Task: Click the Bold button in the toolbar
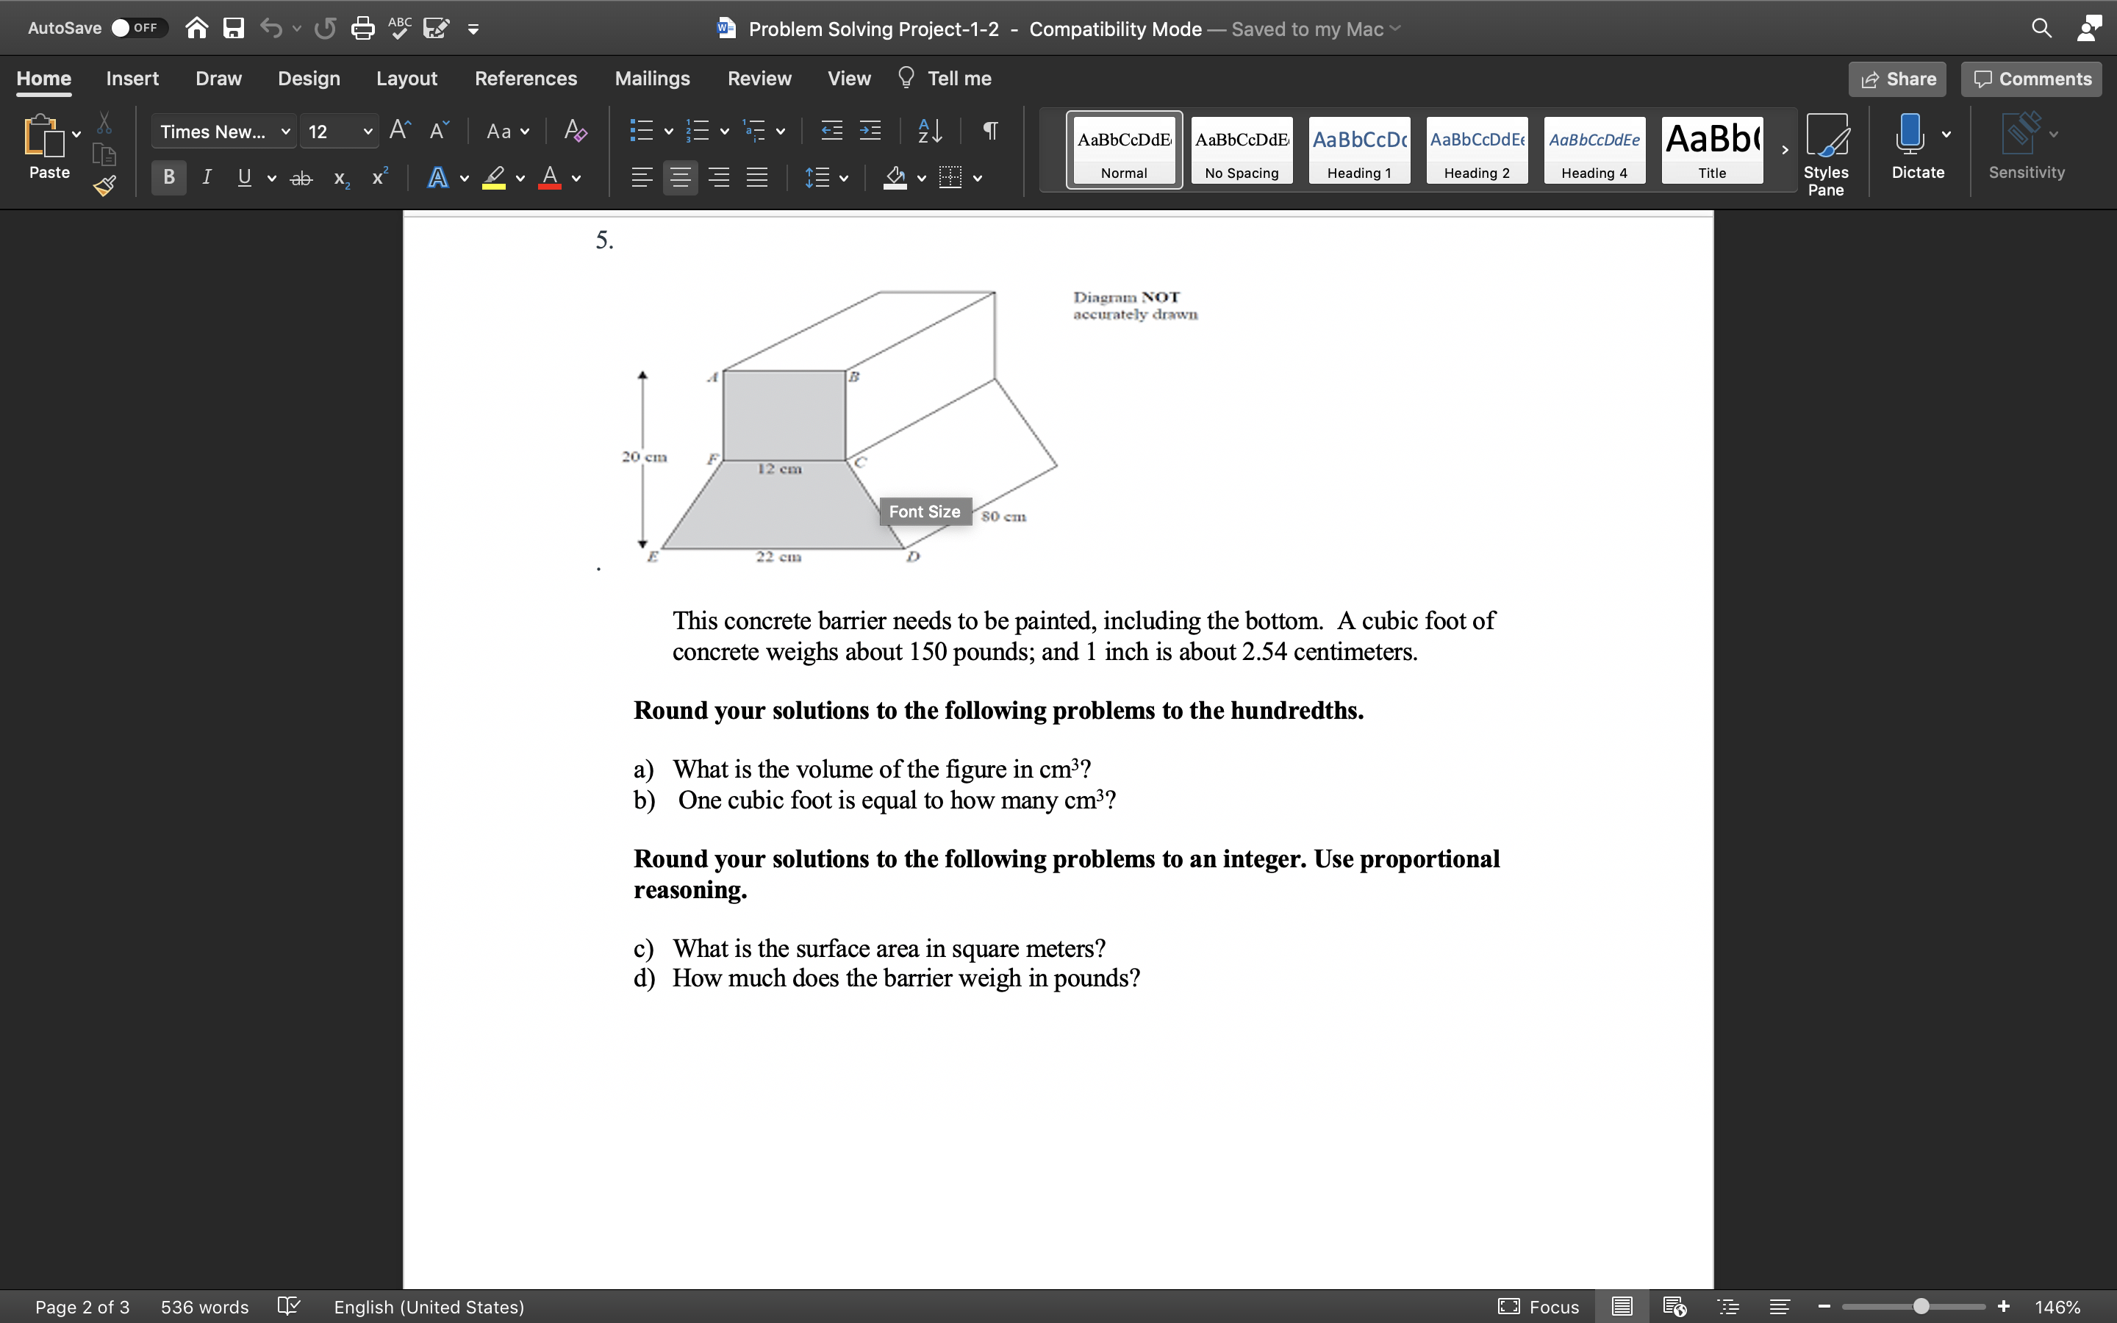click(x=169, y=178)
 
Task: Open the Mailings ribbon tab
click(x=652, y=79)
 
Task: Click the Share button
click(x=1897, y=79)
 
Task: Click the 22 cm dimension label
click(x=778, y=556)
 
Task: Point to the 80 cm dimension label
click(x=1003, y=516)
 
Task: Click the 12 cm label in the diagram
click(x=779, y=469)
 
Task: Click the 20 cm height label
click(x=644, y=456)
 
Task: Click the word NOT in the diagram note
click(x=1160, y=298)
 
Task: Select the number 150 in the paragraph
click(x=927, y=652)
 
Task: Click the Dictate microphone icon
click(x=1910, y=136)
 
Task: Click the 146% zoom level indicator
click(x=2057, y=1306)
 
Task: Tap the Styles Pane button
click(x=1826, y=153)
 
